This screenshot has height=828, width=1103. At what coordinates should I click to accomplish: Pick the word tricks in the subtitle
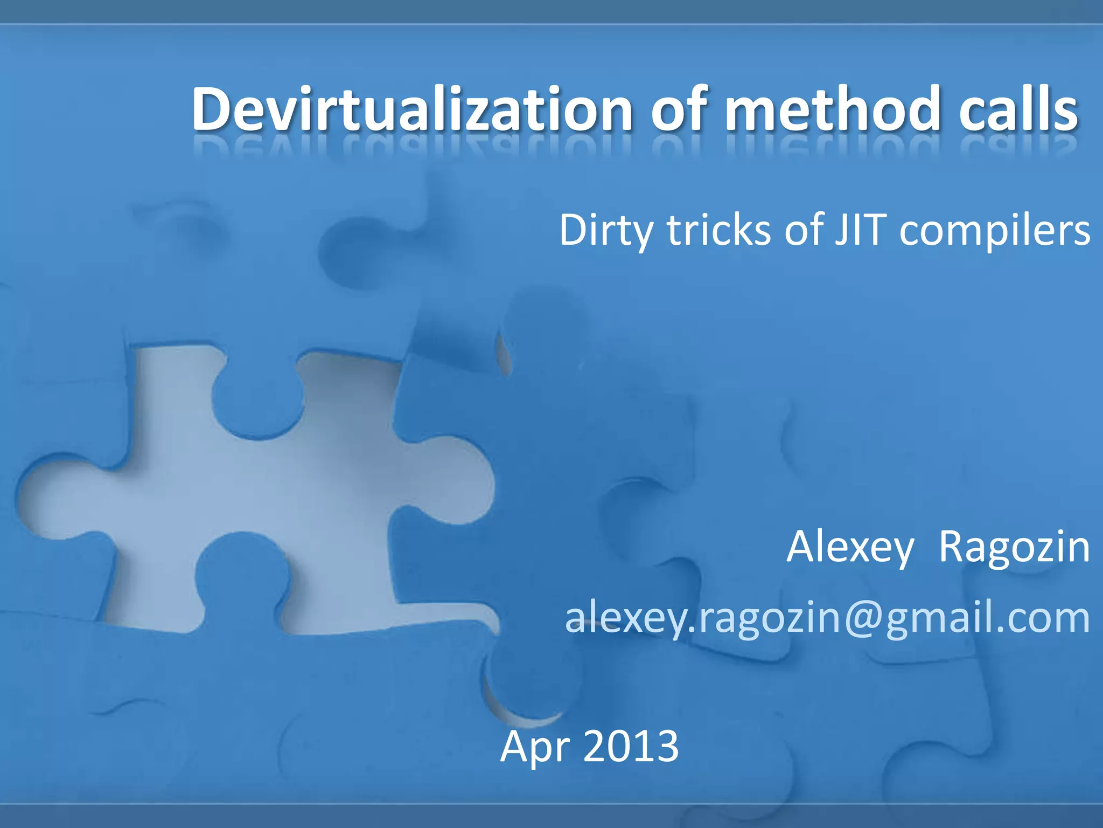click(x=719, y=231)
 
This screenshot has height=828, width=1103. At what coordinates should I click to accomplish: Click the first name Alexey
click(x=850, y=548)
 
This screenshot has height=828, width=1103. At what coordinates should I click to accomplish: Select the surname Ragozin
click(x=1014, y=548)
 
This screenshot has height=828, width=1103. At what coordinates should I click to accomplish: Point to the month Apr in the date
click(x=533, y=747)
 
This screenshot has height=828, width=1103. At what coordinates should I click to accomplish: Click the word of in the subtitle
click(x=804, y=231)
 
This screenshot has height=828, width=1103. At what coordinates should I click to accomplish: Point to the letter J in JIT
click(x=841, y=231)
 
